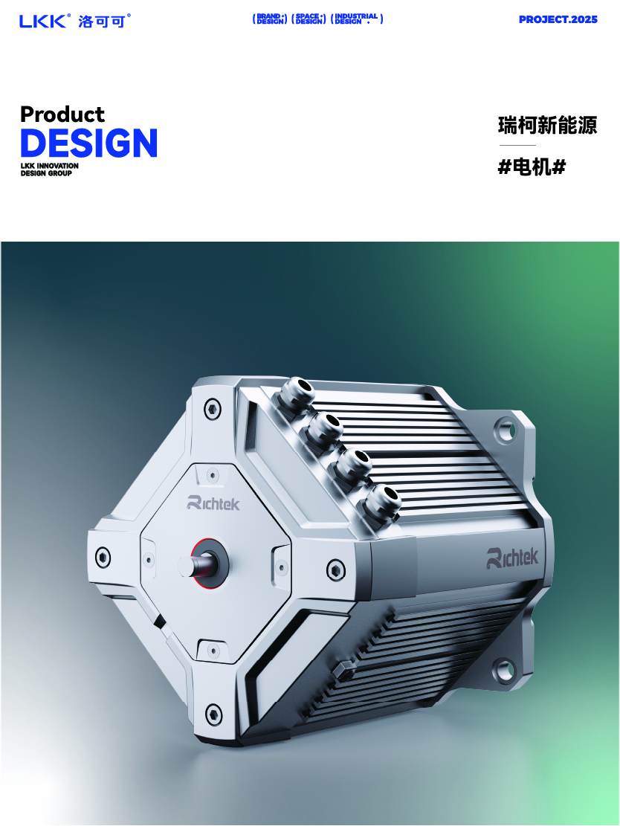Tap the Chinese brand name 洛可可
(x=103, y=21)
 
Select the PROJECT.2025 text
(x=558, y=19)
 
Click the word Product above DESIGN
(x=62, y=114)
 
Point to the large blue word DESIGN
(x=88, y=142)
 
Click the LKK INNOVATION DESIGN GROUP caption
(x=49, y=170)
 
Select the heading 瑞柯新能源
(x=547, y=125)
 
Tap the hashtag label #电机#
(x=532, y=167)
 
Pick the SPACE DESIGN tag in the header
(x=309, y=19)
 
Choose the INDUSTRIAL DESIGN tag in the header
(x=357, y=19)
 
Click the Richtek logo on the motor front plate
(x=213, y=503)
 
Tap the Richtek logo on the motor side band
(x=512, y=557)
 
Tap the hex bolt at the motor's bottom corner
(x=213, y=713)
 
